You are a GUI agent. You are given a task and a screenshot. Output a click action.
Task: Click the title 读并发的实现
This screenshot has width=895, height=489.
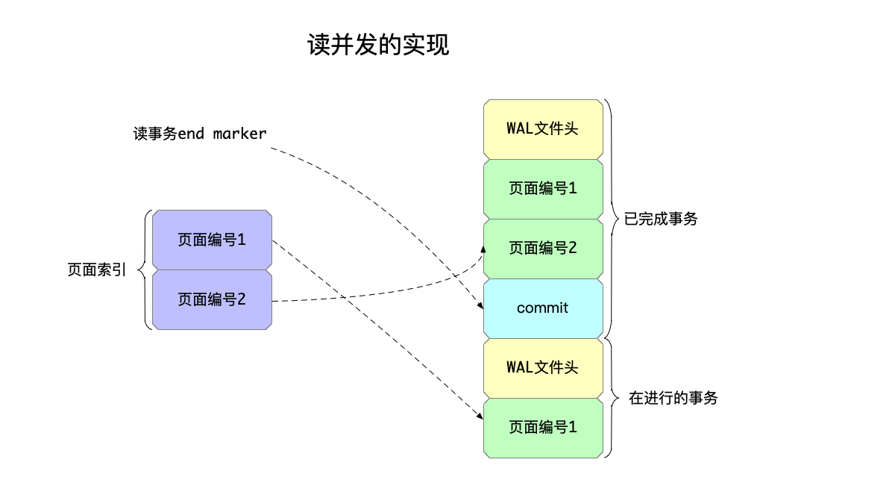pyautogui.click(x=378, y=46)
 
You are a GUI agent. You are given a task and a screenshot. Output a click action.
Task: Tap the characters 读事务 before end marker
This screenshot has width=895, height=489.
pyautogui.click(x=154, y=134)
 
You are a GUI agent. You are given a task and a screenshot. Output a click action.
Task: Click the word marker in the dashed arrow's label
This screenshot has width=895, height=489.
pyautogui.click(x=239, y=134)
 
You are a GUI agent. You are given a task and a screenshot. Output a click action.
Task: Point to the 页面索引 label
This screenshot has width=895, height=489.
pyautogui.click(x=97, y=270)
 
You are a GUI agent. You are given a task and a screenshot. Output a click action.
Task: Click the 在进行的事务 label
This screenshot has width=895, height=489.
pyautogui.click(x=673, y=398)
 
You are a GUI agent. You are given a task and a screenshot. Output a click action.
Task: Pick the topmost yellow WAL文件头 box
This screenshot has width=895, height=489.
pyautogui.click(x=543, y=128)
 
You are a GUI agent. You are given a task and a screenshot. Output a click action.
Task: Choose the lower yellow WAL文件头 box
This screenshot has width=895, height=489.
pyautogui.click(x=543, y=367)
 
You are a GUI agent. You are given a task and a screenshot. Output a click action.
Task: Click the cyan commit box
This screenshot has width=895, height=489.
pyautogui.click(x=543, y=308)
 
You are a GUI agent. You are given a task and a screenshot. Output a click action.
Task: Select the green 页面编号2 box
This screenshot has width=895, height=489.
pyautogui.click(x=543, y=248)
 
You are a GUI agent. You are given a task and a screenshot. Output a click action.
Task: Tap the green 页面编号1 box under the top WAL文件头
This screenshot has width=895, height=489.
pyautogui.click(x=543, y=188)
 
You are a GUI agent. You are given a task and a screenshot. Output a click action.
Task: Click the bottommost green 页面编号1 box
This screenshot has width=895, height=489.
pyautogui.click(x=543, y=427)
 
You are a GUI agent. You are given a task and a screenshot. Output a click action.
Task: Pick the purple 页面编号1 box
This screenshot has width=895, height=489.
pyautogui.click(x=212, y=240)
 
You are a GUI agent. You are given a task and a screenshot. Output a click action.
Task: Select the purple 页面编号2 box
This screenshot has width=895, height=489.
pyautogui.click(x=212, y=299)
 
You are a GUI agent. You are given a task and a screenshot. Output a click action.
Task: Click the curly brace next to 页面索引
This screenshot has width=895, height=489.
pyautogui.click(x=145, y=270)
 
